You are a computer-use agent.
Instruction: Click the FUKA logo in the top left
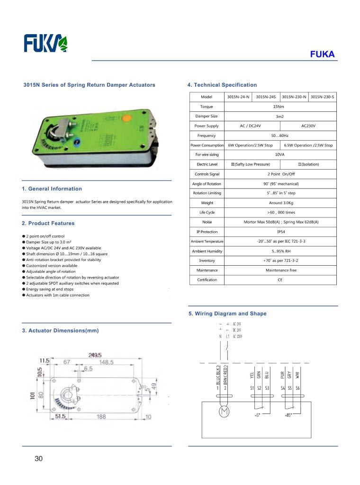pos(46,44)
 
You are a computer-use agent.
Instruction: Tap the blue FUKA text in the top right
pos(322,54)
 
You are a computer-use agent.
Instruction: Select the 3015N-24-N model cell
pos(238,97)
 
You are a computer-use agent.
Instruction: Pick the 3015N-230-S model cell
pos(323,97)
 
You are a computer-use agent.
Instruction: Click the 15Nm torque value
pos(279,107)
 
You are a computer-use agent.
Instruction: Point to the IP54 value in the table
pos(280,232)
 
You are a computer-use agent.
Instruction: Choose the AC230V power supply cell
pos(308,126)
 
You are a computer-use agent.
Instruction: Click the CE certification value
pos(280,280)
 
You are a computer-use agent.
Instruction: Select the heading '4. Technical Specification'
pos(222,85)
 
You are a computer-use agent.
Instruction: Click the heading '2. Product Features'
pos(48,224)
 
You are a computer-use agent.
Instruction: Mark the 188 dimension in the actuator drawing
pos(101,416)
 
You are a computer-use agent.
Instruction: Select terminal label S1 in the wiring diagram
pos(252,388)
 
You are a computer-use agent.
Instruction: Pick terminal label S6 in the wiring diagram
pos(297,388)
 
